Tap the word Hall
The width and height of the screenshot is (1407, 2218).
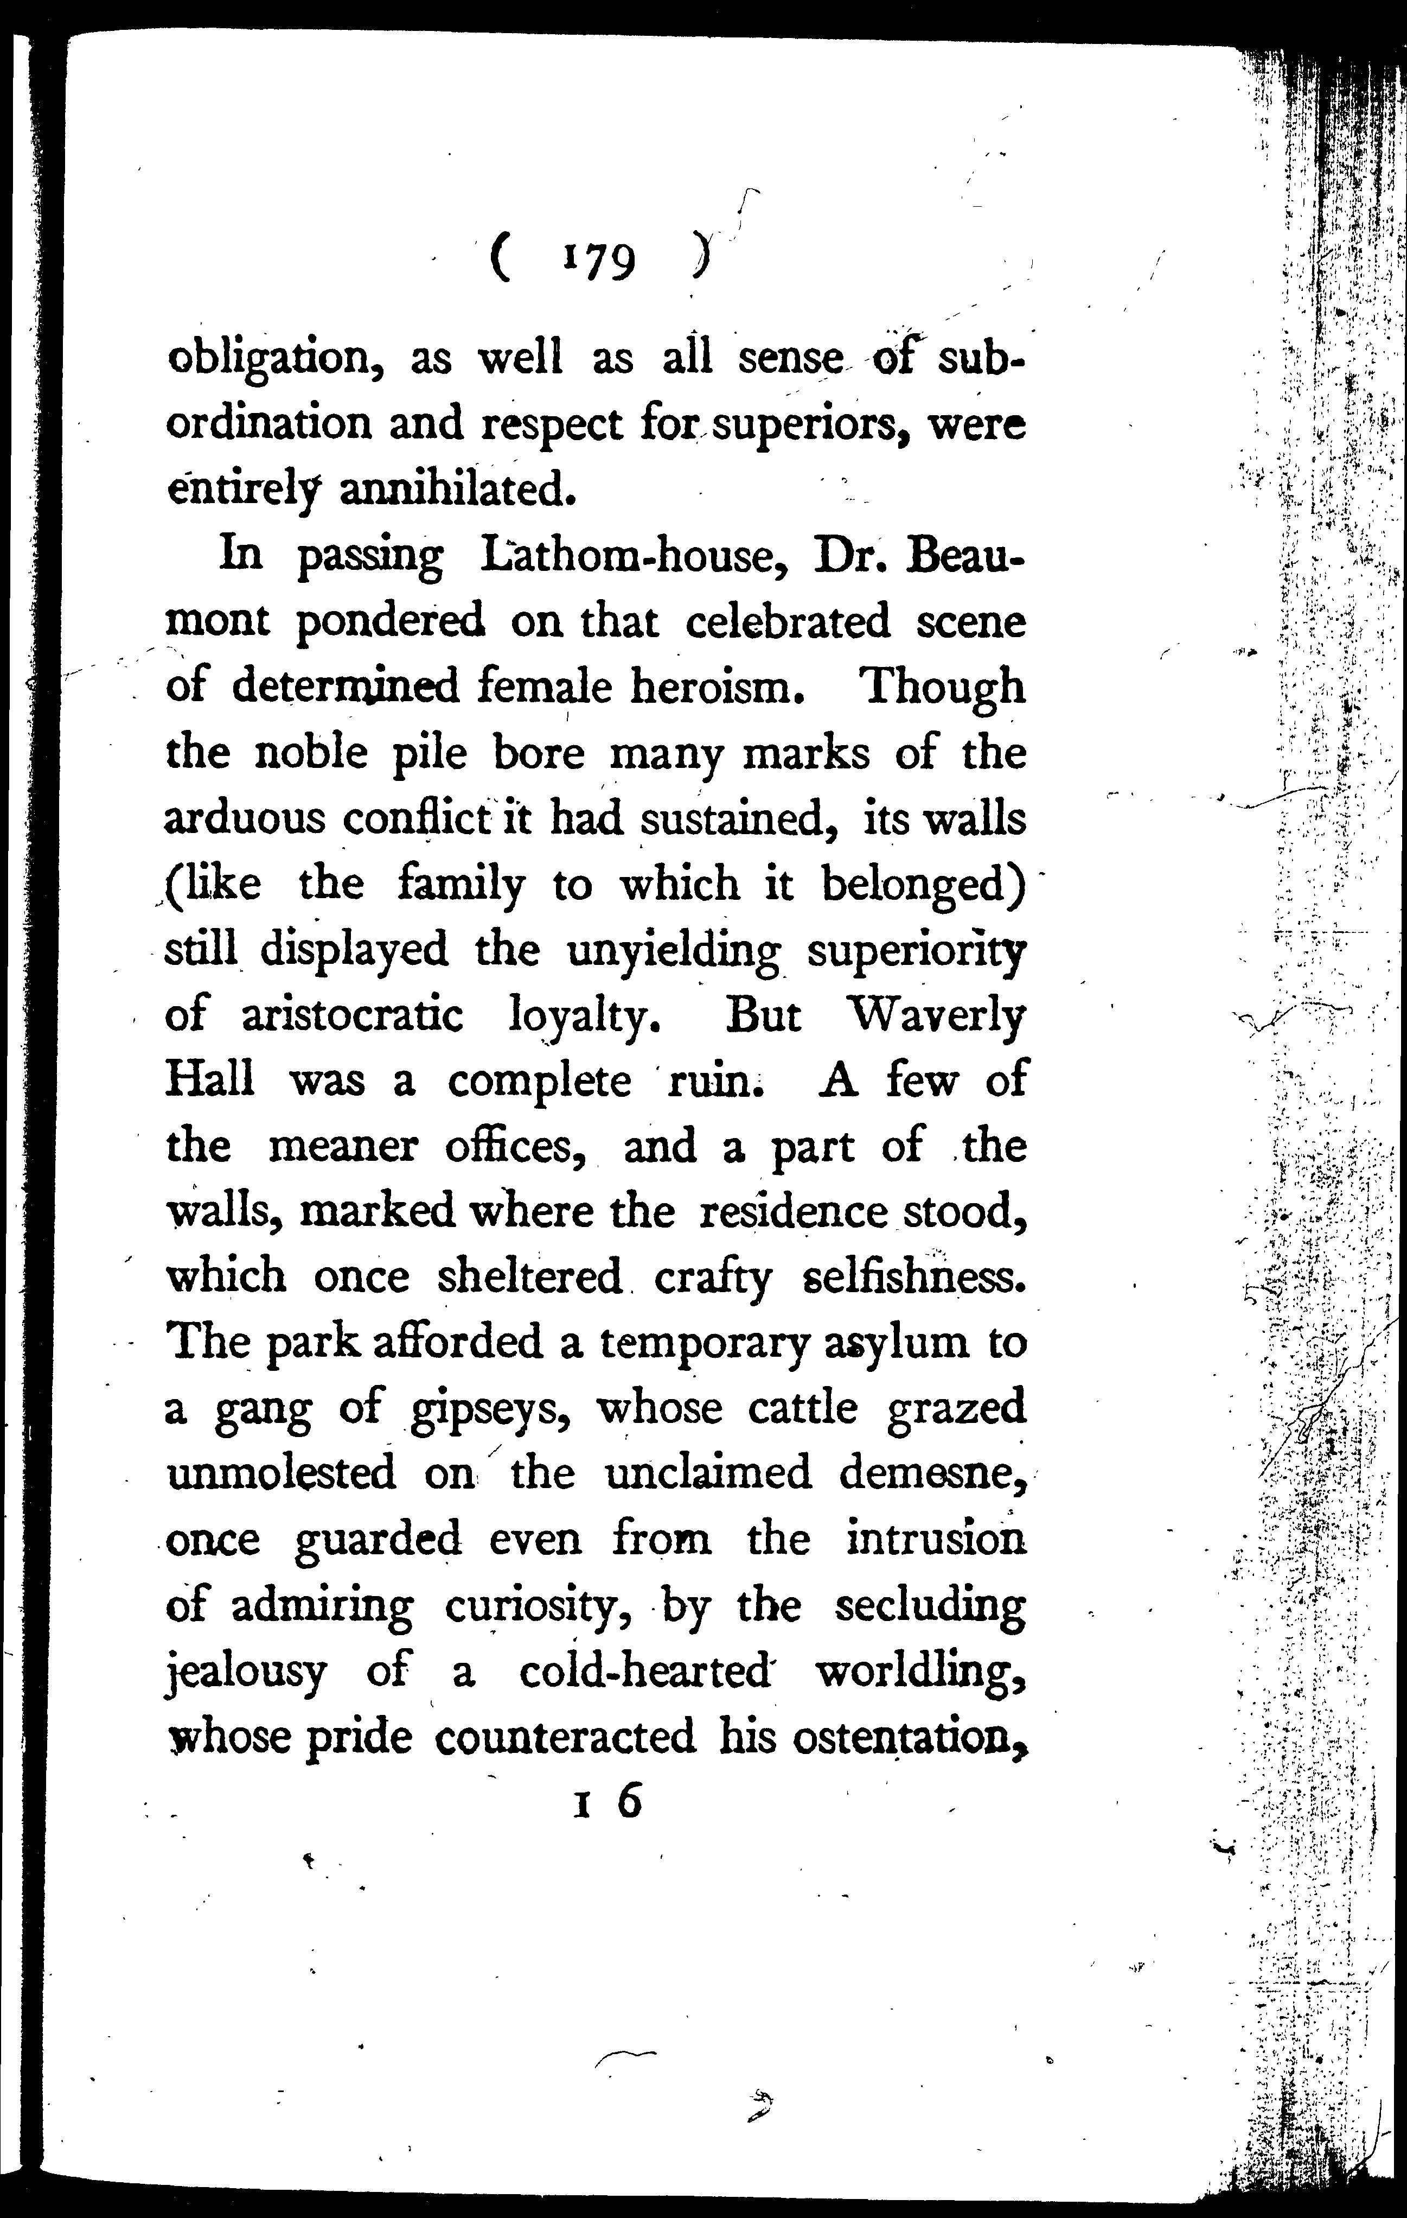pos(210,1082)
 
